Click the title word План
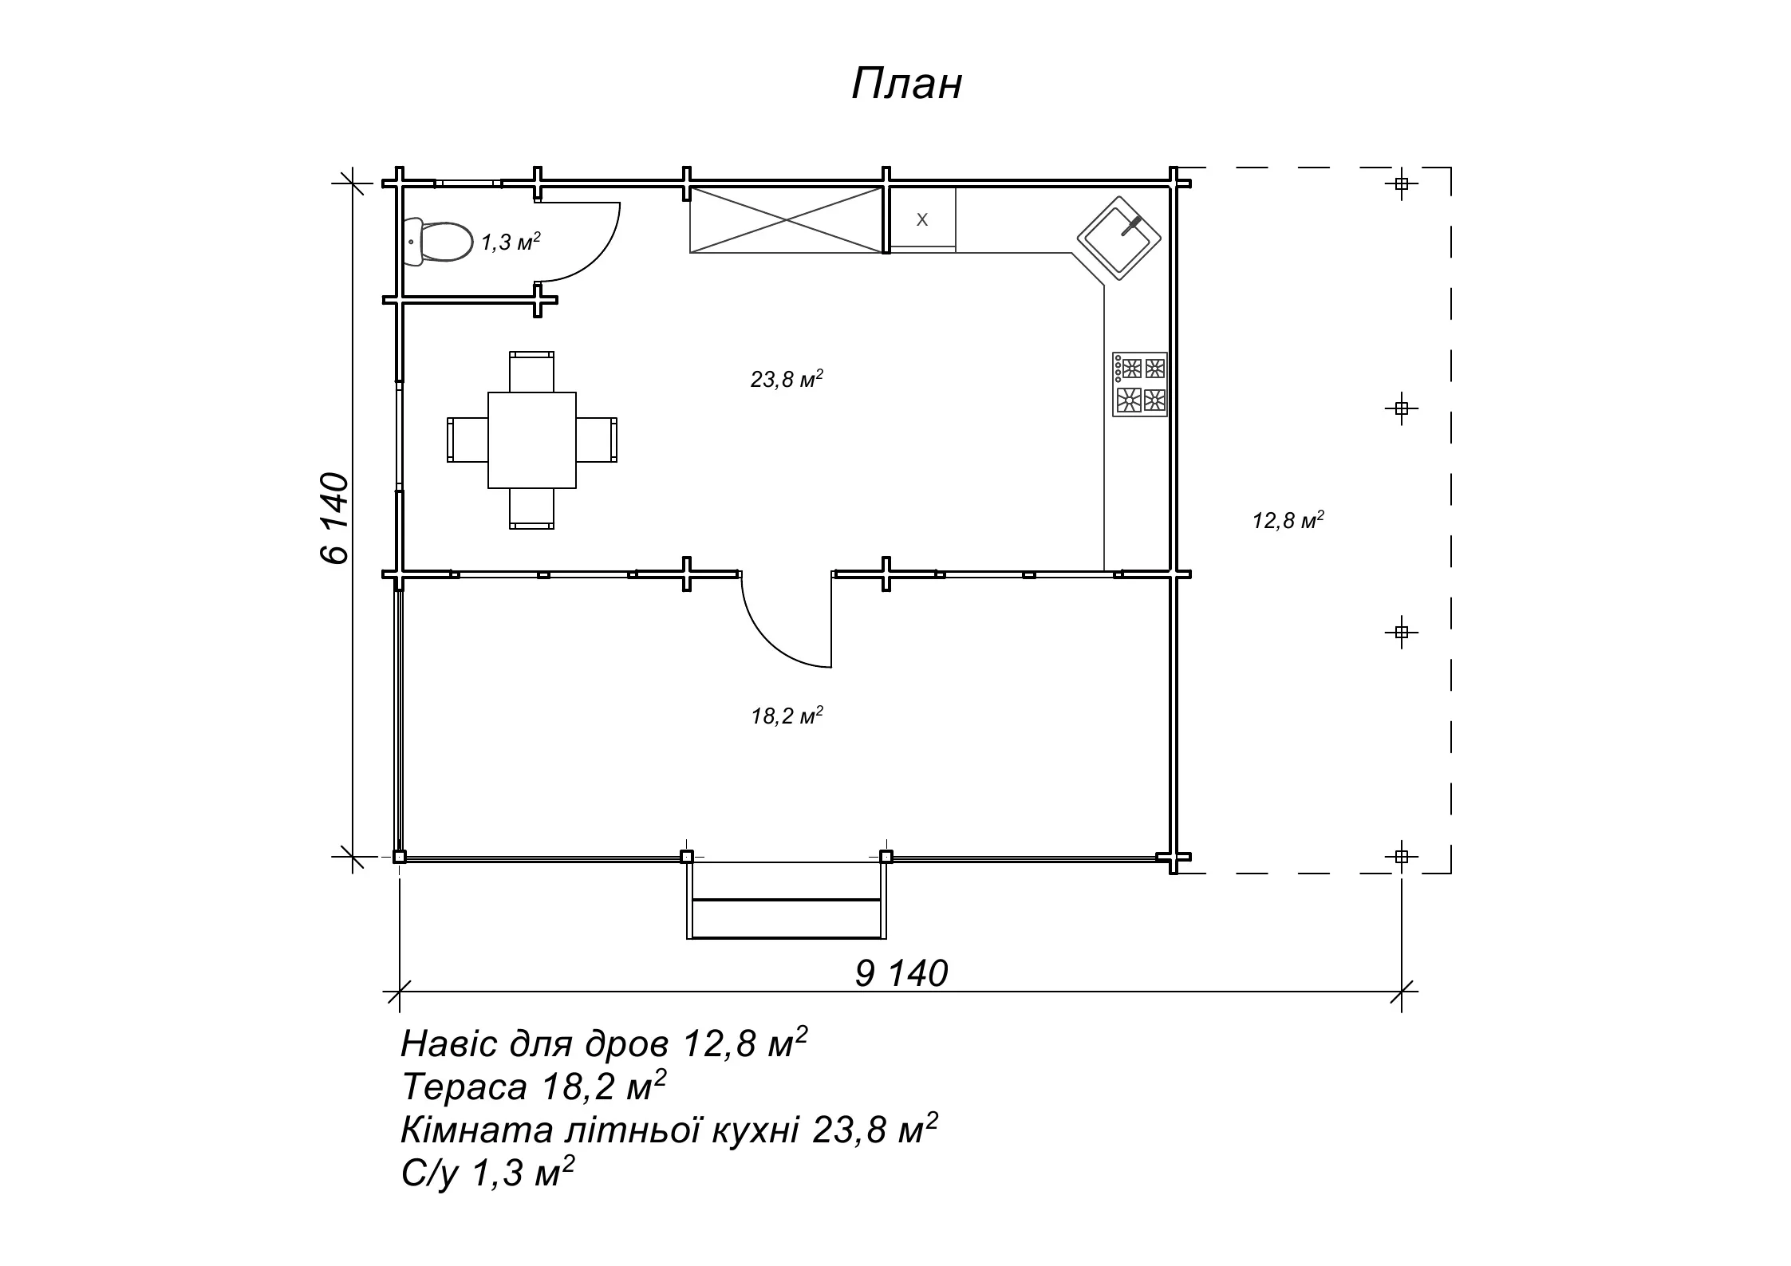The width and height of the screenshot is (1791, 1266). pos(907,85)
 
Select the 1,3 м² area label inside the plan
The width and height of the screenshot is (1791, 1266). pos(511,242)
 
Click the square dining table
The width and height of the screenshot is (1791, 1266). pos(532,440)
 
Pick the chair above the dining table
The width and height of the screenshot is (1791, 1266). pos(532,372)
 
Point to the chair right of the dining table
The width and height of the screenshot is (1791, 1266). pos(597,440)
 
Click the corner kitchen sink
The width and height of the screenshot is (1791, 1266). pos(1119,239)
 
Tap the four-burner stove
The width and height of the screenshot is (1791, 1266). pos(1140,384)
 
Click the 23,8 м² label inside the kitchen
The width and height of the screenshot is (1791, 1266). pos(787,379)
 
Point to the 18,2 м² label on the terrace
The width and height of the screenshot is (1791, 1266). pos(787,716)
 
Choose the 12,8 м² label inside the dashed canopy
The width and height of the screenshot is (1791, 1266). pos(1288,521)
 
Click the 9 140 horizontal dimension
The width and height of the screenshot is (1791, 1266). pos(901,974)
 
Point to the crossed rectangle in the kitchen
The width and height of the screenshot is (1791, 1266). pos(787,220)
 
